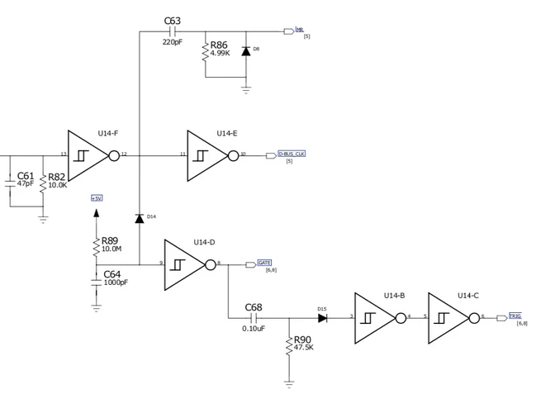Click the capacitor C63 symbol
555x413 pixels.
click(173, 31)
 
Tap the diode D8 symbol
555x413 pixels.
click(245, 50)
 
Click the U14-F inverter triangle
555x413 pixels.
click(86, 154)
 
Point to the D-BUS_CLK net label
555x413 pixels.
click(292, 154)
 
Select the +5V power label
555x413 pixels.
click(97, 198)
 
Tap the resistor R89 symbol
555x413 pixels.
click(97, 244)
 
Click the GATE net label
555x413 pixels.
click(264, 263)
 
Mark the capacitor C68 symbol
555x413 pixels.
click(254, 317)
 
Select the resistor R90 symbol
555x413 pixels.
click(289, 346)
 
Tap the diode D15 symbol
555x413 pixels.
click(322, 317)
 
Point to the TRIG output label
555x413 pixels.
click(515, 316)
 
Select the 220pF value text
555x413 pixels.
click(172, 41)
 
